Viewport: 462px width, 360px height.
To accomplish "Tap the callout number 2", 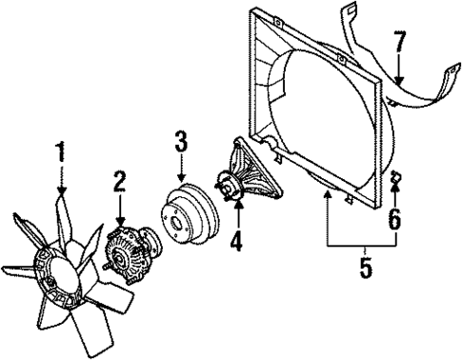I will pos(120,181).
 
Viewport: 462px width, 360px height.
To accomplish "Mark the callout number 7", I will pos(400,43).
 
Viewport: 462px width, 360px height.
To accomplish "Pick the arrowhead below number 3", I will pos(182,181).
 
